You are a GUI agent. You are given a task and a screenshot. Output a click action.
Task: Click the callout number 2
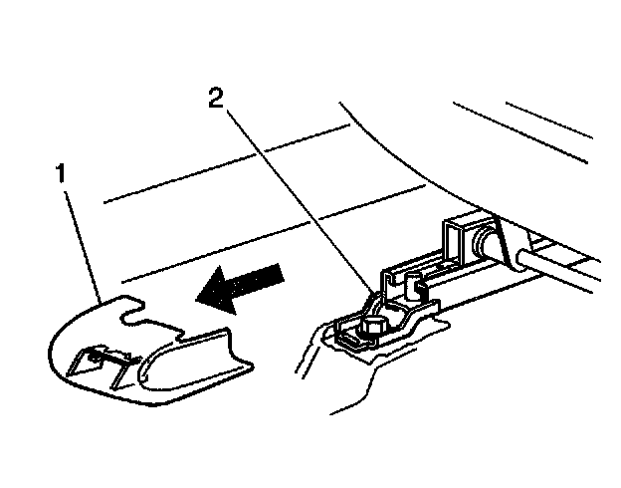click(215, 98)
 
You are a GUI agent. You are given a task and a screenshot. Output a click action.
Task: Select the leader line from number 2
click(299, 199)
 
